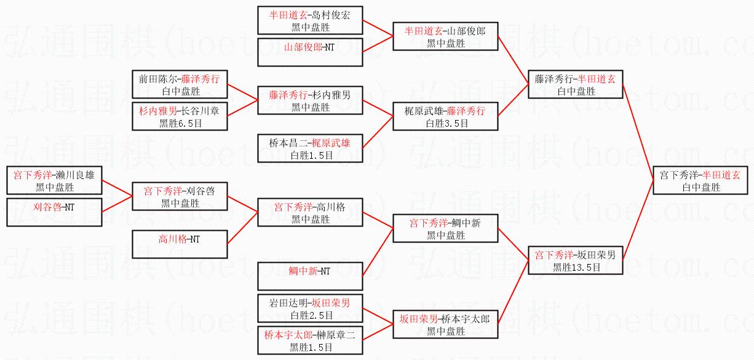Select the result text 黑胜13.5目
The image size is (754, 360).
click(x=576, y=266)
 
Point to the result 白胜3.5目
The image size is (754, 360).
click(x=446, y=123)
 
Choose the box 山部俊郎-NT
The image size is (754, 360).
click(x=310, y=52)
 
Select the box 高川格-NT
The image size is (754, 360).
click(x=181, y=244)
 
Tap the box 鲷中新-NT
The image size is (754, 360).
click(x=310, y=276)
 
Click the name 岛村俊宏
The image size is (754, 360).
click(x=330, y=15)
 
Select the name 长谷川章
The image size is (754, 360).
click(x=203, y=111)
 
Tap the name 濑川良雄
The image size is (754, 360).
click(x=75, y=174)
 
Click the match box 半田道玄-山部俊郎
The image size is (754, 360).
click(x=445, y=37)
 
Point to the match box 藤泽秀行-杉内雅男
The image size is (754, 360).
click(x=310, y=101)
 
